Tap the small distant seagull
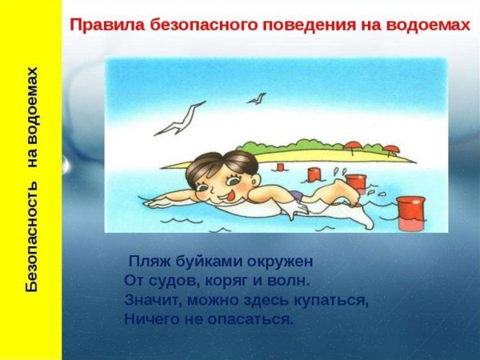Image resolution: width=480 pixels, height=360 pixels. point(258,98)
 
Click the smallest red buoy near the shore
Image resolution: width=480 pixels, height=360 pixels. point(280,166)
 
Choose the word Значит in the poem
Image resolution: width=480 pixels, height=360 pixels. point(153,301)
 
